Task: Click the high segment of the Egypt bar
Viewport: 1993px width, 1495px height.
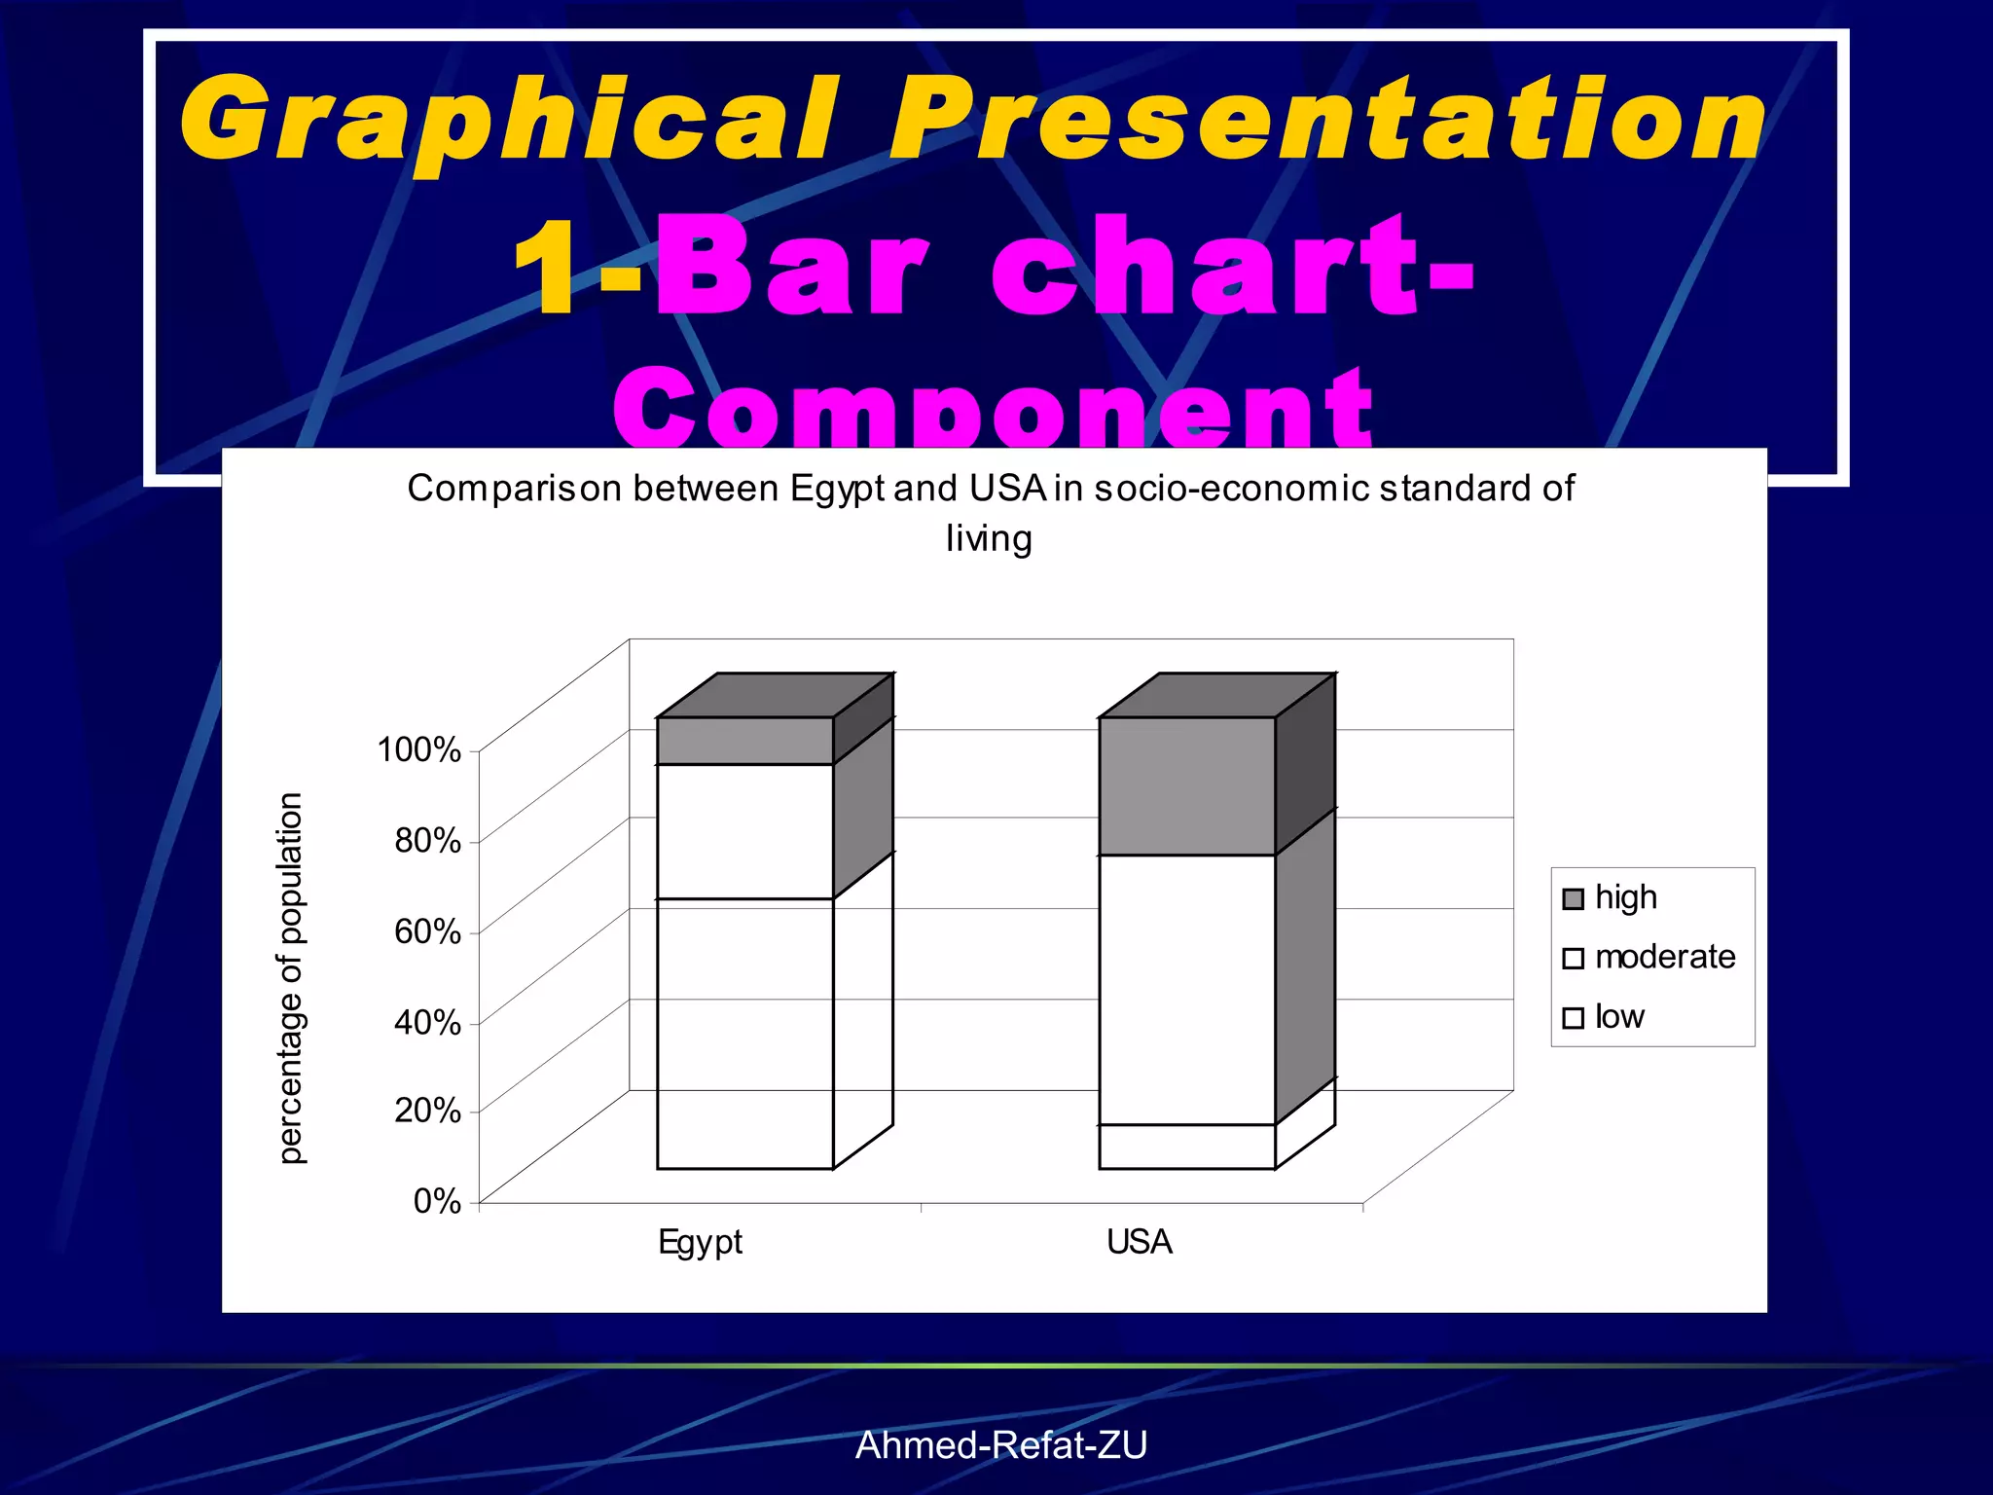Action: click(744, 741)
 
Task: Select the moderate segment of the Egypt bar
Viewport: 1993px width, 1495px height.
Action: click(744, 831)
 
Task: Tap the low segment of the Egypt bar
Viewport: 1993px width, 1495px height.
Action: click(744, 1034)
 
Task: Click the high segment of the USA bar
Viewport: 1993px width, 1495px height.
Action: click(1186, 786)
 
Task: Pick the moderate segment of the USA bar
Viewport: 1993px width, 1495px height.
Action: click(1186, 990)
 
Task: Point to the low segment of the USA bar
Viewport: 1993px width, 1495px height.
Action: click(1186, 1147)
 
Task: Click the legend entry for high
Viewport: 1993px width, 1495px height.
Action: click(1625, 897)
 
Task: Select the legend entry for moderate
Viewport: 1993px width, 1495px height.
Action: click(1664, 957)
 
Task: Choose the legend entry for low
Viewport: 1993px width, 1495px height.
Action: click(1618, 1017)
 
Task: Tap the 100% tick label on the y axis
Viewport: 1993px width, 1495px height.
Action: click(418, 749)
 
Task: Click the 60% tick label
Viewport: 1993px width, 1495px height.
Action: click(427, 931)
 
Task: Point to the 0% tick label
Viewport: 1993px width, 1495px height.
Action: click(436, 1200)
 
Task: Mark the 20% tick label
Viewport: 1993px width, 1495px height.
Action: click(427, 1110)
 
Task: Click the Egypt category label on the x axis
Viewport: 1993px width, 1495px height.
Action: click(700, 1242)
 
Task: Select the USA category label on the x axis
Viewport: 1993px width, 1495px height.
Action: click(1139, 1242)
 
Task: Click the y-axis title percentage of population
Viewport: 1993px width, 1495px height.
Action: click(291, 977)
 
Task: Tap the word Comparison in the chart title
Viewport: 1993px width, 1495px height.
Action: click(514, 489)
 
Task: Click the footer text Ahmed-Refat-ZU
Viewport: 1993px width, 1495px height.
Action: click(1000, 1445)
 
